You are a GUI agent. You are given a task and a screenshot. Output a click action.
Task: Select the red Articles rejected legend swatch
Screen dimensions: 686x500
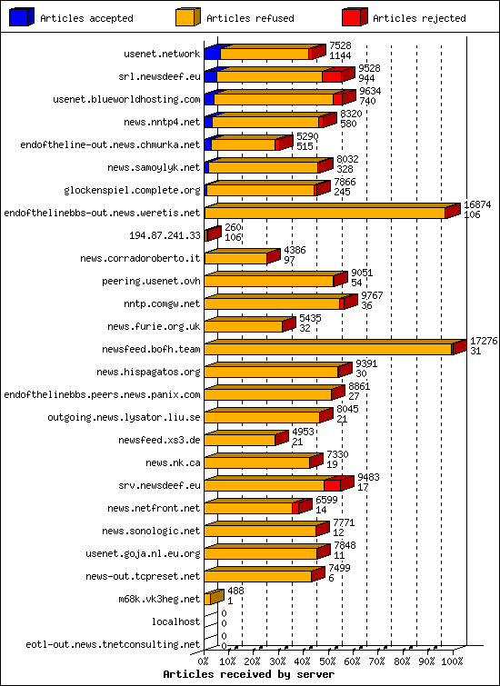click(354, 16)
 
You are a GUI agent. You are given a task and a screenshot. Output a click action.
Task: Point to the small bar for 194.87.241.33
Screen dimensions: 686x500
click(212, 234)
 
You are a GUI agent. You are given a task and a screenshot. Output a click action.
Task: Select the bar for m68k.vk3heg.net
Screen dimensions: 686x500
click(213, 598)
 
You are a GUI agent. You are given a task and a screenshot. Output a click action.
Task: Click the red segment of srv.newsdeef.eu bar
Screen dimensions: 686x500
click(332, 485)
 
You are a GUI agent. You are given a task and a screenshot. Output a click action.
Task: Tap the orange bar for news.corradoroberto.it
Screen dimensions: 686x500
click(235, 258)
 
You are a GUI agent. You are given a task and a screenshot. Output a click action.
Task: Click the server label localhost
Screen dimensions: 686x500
click(176, 621)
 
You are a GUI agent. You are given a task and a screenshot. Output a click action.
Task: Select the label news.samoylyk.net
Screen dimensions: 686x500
click(153, 167)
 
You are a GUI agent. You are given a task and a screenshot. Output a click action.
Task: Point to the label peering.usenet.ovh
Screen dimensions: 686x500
click(150, 281)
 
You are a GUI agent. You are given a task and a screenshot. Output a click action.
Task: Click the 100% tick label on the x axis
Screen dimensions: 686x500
click(452, 661)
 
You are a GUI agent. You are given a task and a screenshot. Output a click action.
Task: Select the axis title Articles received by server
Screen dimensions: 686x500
click(248, 674)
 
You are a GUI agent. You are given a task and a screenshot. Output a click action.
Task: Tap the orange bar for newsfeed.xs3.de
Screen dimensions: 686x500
click(239, 440)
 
